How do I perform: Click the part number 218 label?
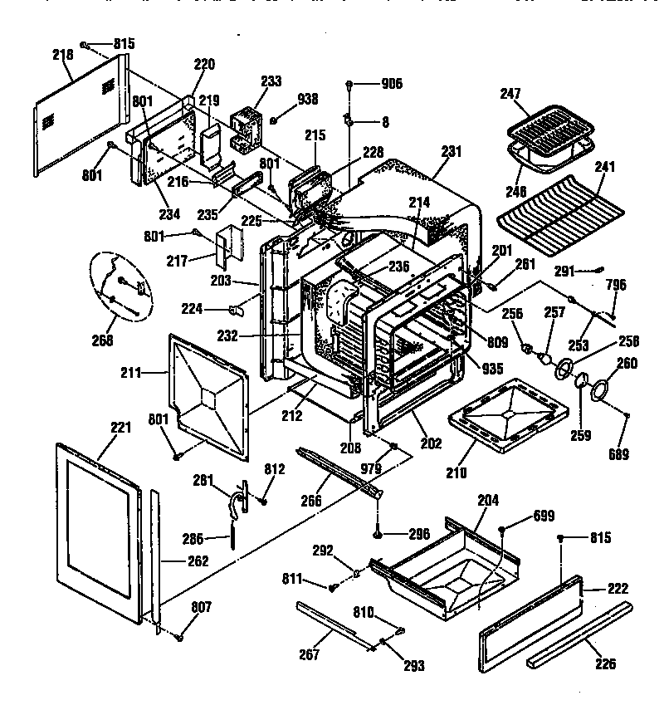click(x=62, y=54)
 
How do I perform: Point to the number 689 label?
click(x=618, y=454)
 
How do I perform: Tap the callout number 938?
click(x=308, y=100)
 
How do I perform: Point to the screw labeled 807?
click(x=178, y=637)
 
